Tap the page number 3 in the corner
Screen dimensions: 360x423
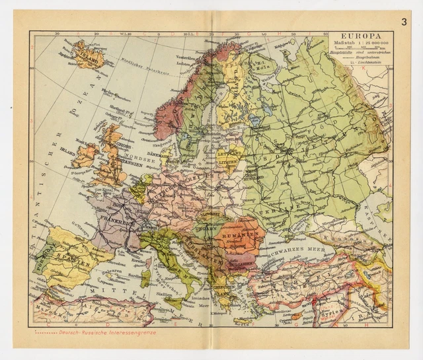click(403, 20)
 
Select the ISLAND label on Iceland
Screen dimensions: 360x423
click(88, 55)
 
